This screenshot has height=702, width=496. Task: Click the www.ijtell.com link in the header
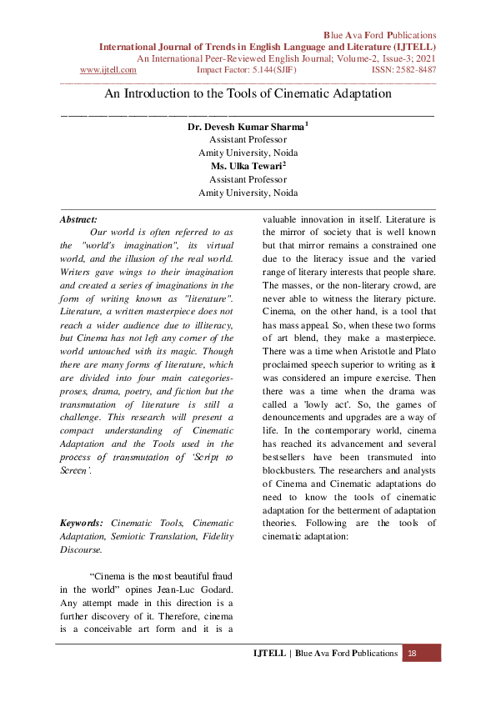tap(108, 70)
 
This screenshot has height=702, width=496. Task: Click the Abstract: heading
tap(78, 218)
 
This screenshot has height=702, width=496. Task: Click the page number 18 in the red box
tap(412, 654)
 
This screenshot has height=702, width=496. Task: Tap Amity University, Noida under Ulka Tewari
tap(248, 192)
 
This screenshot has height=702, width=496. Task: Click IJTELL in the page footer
tap(268, 654)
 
